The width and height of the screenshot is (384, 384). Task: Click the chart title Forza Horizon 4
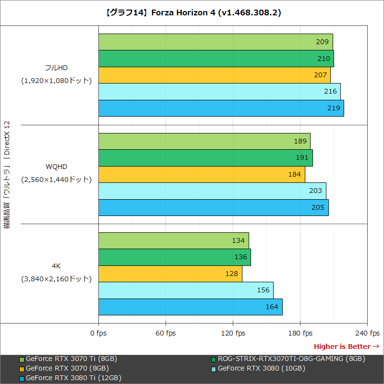click(x=192, y=12)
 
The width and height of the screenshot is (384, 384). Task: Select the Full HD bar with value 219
click(x=221, y=108)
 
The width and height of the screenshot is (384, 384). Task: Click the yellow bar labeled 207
click(x=214, y=75)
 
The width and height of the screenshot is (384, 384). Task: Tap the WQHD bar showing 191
click(x=205, y=157)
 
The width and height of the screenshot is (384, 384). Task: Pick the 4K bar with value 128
click(x=170, y=274)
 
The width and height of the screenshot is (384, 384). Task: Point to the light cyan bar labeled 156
click(x=186, y=290)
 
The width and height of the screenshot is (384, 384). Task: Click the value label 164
click(x=272, y=307)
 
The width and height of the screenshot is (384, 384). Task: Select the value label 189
click(x=300, y=141)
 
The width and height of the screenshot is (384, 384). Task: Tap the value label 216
click(x=330, y=92)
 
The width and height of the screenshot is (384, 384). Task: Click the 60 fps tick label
click(x=166, y=333)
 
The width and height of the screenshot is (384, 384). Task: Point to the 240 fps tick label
click(x=367, y=333)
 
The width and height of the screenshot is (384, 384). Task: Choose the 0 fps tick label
click(x=98, y=333)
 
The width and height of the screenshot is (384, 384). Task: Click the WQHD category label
click(x=56, y=167)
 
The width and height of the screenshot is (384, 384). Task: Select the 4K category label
click(x=56, y=265)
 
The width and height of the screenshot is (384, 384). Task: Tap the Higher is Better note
click(x=346, y=347)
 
